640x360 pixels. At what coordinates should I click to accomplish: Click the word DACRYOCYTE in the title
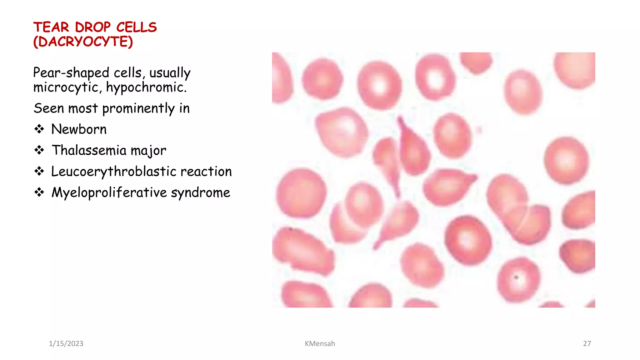pyautogui.click(x=83, y=42)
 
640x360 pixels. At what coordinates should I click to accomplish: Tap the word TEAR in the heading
pyautogui.click(x=51, y=27)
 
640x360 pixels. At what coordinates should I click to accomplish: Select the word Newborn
pyautogui.click(x=79, y=129)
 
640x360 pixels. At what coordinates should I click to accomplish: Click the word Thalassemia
pyautogui.click(x=89, y=150)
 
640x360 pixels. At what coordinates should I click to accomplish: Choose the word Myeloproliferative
pyautogui.click(x=109, y=192)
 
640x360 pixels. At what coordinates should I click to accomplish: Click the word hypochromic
pyautogui.click(x=146, y=87)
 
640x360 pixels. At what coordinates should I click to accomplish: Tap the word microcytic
pyautogui.click(x=67, y=87)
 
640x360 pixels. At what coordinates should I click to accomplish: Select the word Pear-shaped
pyautogui.click(x=71, y=73)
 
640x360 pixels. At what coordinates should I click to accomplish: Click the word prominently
pyautogui.click(x=138, y=109)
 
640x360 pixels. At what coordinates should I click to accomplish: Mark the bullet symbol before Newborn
pyautogui.click(x=39, y=129)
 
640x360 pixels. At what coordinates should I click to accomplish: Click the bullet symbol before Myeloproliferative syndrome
pyautogui.click(x=39, y=192)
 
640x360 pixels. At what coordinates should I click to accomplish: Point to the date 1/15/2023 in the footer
pyautogui.click(x=66, y=343)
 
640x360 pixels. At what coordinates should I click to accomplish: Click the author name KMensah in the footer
pyautogui.click(x=320, y=343)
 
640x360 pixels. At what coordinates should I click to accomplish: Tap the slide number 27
pyautogui.click(x=587, y=343)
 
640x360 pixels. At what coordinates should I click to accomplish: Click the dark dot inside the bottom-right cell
pyautogui.click(x=516, y=277)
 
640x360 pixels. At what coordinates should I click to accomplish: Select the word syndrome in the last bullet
pyautogui.click(x=200, y=192)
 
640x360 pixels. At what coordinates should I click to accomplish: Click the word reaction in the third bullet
pyautogui.click(x=206, y=172)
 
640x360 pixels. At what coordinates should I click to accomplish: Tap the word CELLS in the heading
pyautogui.click(x=136, y=27)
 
